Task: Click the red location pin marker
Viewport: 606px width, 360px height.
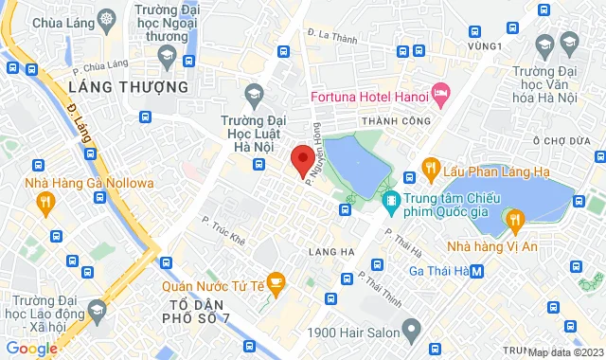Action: (302, 159)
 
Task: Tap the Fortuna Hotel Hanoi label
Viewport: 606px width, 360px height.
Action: (368, 95)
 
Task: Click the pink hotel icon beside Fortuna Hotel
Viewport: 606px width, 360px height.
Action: (439, 93)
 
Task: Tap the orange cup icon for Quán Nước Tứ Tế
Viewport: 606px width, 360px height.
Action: (276, 280)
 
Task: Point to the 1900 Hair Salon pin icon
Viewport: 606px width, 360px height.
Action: (410, 331)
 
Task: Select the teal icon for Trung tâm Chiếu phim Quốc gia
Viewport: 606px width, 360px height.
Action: (389, 201)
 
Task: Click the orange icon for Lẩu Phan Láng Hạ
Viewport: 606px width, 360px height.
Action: (430, 169)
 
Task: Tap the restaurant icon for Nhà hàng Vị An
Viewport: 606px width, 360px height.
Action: (515, 220)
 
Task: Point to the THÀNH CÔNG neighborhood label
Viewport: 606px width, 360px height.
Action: (392, 121)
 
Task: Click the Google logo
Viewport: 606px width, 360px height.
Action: (32, 348)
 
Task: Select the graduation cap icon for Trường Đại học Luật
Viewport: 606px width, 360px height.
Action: (253, 93)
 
